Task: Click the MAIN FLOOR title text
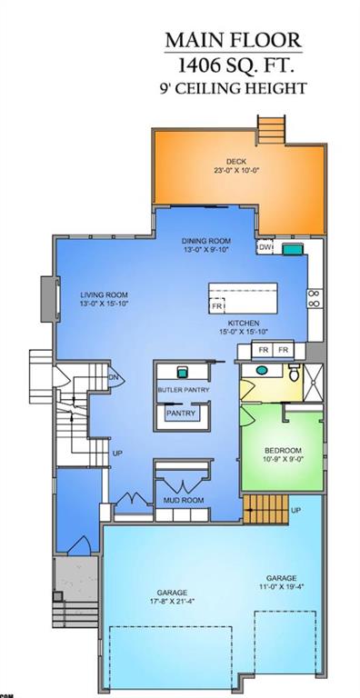click(x=233, y=41)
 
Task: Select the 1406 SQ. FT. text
click(x=233, y=65)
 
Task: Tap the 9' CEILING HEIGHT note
click(x=233, y=88)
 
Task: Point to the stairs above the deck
click(x=271, y=127)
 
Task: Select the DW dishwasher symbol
click(x=265, y=247)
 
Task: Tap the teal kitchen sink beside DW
click(x=292, y=247)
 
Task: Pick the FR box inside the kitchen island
click(x=217, y=307)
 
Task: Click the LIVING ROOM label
click(x=104, y=295)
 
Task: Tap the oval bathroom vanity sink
click(x=262, y=371)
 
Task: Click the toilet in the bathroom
click(x=293, y=373)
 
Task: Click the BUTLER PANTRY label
click(x=184, y=390)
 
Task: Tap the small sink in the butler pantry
click(x=183, y=372)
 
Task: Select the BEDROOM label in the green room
click(x=283, y=452)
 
